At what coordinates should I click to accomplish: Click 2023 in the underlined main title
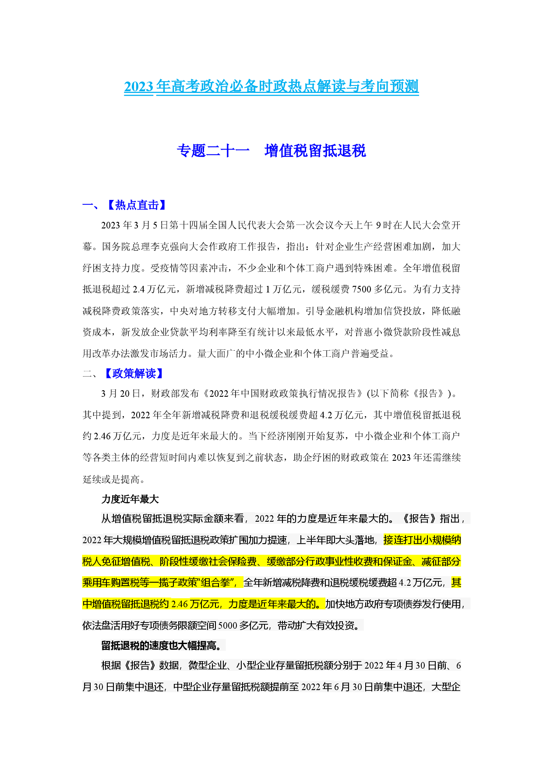[x=138, y=86]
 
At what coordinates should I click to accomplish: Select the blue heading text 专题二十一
[x=213, y=151]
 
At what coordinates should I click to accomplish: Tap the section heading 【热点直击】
[x=136, y=205]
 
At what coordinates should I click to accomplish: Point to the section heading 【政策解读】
[x=134, y=374]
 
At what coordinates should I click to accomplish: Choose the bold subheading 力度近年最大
[x=130, y=499]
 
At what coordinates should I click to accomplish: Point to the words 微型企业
[x=207, y=666]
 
